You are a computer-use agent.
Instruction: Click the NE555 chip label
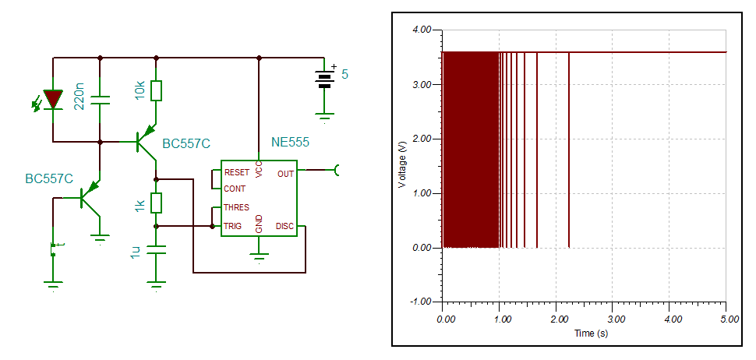[290, 143]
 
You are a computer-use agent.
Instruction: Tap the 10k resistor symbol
[157, 91]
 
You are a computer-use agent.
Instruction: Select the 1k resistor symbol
[157, 203]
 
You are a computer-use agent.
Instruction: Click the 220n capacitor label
[79, 96]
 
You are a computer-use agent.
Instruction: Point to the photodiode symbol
[53, 100]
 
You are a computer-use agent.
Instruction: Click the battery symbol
[324, 78]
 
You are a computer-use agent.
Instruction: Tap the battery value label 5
[345, 75]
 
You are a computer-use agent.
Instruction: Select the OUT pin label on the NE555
[285, 174]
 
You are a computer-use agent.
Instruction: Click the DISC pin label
[284, 227]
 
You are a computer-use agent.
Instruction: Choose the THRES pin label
[237, 207]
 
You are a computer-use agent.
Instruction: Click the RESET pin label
[237, 172]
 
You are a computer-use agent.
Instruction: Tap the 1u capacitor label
[138, 252]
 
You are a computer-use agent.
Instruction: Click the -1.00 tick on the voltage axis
[422, 302]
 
